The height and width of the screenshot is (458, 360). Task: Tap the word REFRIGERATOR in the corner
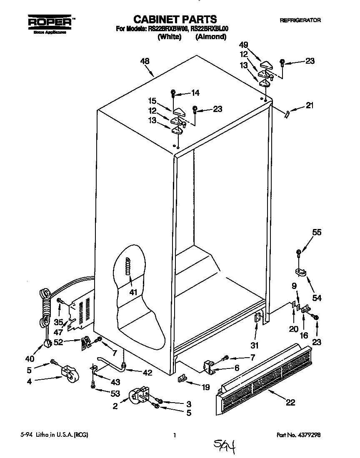300,20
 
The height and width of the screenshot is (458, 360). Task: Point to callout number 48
145,61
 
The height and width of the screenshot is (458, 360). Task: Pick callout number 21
309,106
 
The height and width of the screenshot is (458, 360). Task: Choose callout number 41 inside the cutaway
133,292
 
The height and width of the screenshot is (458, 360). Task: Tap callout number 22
290,402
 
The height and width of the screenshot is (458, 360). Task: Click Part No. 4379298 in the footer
299,435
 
